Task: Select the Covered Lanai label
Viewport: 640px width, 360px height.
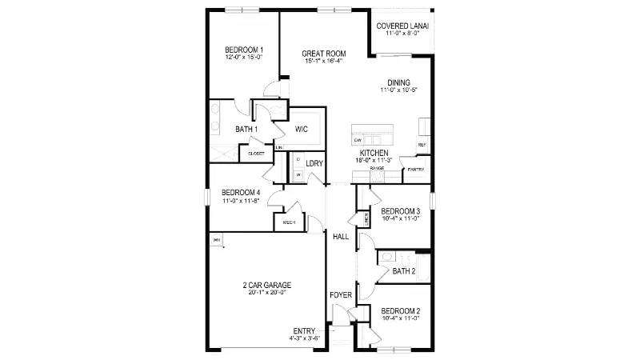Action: click(x=402, y=26)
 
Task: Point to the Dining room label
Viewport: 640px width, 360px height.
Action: click(x=398, y=82)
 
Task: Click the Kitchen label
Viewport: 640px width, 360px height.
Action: click(x=374, y=153)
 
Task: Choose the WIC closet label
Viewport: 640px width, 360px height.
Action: click(x=302, y=129)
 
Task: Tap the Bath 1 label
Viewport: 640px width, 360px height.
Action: click(x=246, y=130)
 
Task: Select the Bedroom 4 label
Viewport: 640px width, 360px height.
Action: click(x=241, y=193)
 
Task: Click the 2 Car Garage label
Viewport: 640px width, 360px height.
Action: click(x=267, y=285)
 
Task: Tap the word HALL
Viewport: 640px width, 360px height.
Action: click(x=341, y=237)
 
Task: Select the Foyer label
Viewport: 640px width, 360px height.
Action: click(x=341, y=295)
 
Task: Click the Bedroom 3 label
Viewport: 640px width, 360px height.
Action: click(x=401, y=211)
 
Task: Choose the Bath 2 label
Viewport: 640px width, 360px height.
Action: click(x=404, y=272)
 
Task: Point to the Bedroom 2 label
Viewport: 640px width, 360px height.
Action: click(x=401, y=310)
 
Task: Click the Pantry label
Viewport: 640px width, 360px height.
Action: click(x=415, y=170)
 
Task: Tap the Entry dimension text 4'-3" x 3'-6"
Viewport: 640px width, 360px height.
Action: click(x=305, y=339)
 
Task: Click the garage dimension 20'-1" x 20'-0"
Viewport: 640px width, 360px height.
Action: click(x=267, y=293)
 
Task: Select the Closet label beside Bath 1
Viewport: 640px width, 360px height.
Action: click(x=256, y=154)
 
